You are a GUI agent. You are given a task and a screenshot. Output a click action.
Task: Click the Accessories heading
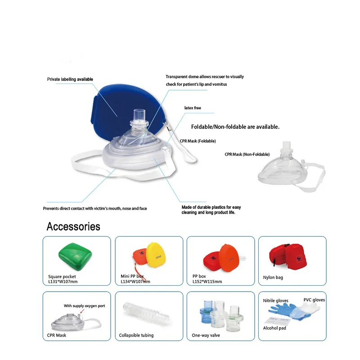(x=73, y=226)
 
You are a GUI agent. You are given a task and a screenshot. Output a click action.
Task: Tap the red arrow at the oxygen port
(x=82, y=311)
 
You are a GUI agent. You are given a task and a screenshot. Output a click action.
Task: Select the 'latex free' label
(x=193, y=108)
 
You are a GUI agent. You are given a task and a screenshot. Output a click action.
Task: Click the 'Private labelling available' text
(x=70, y=79)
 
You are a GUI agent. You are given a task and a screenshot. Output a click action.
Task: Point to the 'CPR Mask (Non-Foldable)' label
(x=247, y=154)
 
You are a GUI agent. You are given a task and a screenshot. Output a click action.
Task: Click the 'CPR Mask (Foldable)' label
(x=198, y=141)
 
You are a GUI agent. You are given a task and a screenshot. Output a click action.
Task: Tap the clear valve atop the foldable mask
(x=139, y=119)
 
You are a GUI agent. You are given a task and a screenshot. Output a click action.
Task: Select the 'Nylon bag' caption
(x=273, y=277)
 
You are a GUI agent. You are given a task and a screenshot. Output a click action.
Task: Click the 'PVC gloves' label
(x=314, y=300)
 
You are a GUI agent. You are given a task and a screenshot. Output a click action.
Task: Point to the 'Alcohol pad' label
(x=274, y=328)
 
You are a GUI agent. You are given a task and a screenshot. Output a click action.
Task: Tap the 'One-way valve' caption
(x=206, y=335)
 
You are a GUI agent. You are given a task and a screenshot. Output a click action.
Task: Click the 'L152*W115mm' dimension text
(x=207, y=282)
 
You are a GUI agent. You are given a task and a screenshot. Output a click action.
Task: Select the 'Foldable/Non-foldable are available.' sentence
(x=235, y=127)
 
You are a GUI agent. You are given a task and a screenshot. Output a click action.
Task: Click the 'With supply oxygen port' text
(x=84, y=306)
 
